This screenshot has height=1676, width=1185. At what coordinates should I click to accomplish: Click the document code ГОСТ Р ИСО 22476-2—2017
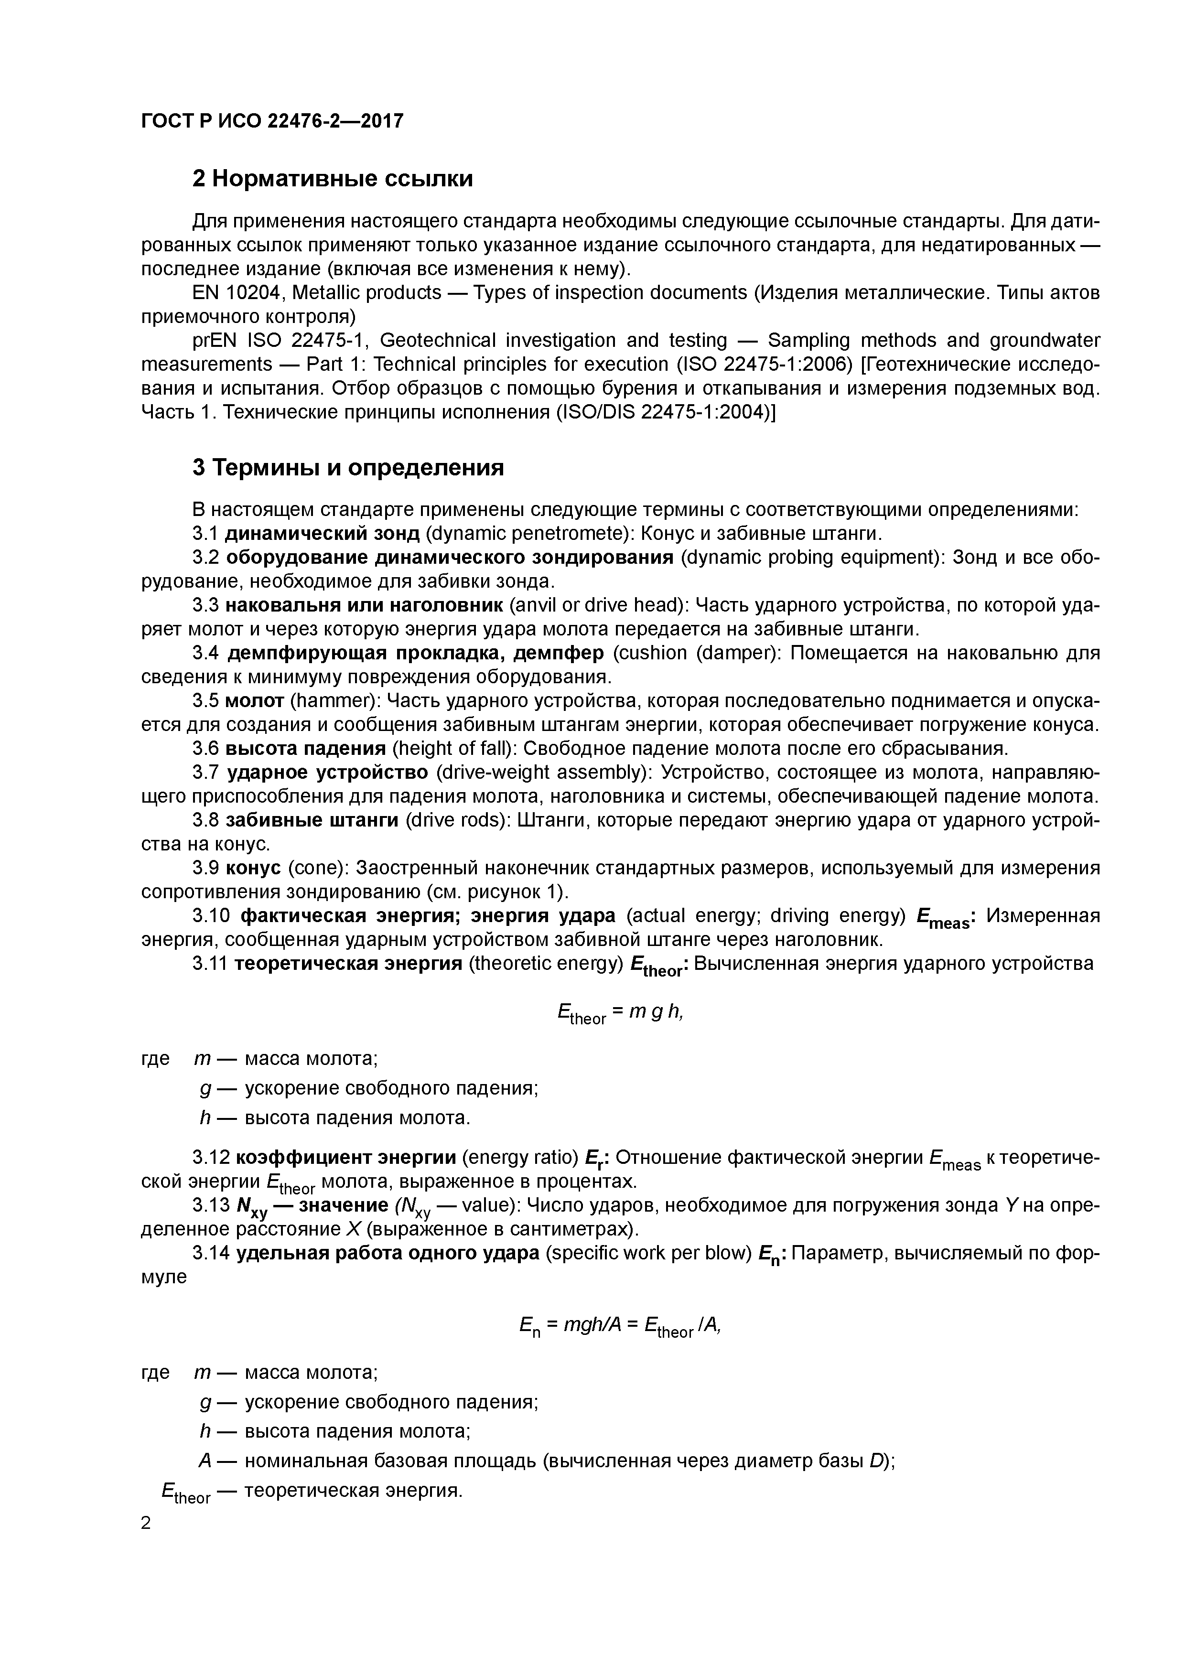point(271,120)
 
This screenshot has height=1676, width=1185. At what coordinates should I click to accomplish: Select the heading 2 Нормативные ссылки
point(332,178)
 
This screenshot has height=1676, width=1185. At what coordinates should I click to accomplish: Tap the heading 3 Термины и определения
point(348,467)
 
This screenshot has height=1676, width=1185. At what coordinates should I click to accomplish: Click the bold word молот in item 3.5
point(254,701)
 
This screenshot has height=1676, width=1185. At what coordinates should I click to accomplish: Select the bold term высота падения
point(305,748)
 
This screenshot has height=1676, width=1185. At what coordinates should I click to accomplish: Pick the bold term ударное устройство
point(327,772)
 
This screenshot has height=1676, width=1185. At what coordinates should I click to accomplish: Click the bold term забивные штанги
point(312,820)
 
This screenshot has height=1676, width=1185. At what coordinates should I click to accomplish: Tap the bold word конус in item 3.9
point(253,868)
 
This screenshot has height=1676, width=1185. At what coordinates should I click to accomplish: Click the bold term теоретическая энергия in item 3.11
point(348,964)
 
